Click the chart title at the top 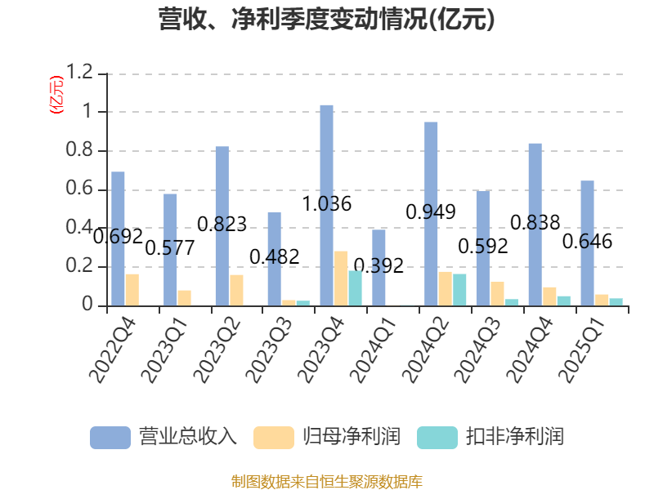pyautogui.click(x=327, y=20)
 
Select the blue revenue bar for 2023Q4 pyautogui.click(x=326, y=205)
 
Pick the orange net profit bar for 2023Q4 pyautogui.click(x=341, y=278)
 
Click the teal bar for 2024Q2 pyautogui.click(x=459, y=290)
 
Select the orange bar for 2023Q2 pyautogui.click(x=236, y=290)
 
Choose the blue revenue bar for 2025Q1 pyautogui.click(x=587, y=243)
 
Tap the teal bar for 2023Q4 pyautogui.click(x=355, y=288)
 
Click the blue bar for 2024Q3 pyautogui.click(x=482, y=248)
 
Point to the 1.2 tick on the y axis pyautogui.click(x=81, y=73)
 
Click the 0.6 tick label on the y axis pyautogui.click(x=81, y=189)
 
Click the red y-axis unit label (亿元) pyautogui.click(x=56, y=95)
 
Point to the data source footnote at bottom pyautogui.click(x=327, y=481)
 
